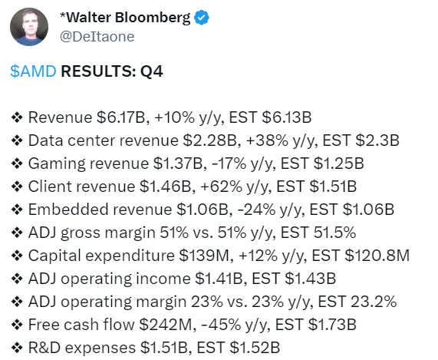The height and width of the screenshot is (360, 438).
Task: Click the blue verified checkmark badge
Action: [x=202, y=18]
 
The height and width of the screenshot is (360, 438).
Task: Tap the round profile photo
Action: [x=29, y=27]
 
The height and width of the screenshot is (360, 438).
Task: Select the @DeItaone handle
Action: [x=97, y=37]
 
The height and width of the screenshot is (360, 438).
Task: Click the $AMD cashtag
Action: [x=33, y=71]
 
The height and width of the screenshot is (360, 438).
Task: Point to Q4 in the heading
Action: [x=151, y=71]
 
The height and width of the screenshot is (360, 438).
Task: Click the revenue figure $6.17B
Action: [x=121, y=117]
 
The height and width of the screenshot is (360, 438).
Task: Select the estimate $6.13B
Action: [x=287, y=117]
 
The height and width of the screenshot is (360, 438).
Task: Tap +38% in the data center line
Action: [x=267, y=140]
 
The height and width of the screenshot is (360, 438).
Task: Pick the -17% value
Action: [x=229, y=163]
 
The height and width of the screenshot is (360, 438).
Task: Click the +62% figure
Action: [x=221, y=187]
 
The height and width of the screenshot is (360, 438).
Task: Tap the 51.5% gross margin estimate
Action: [x=334, y=233]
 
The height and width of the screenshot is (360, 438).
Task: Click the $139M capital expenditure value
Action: [x=203, y=256]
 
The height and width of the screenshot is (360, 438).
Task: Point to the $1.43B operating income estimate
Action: [x=311, y=279]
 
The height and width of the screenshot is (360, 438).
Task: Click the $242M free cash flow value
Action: [x=166, y=325]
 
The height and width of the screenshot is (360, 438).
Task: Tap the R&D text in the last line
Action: [x=44, y=348]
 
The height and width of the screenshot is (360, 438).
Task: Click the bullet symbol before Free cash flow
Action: [x=17, y=325]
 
